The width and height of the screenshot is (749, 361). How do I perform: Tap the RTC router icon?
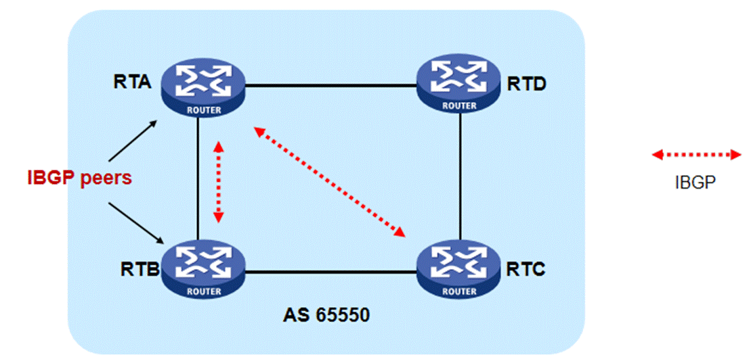coord(458,271)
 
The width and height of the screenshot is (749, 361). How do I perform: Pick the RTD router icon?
coord(458,85)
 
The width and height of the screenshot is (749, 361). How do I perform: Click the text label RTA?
coord(132,83)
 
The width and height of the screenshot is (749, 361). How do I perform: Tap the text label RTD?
coord(526,83)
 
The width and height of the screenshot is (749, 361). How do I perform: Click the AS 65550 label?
coord(326,315)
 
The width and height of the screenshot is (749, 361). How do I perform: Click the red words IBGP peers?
coord(79,178)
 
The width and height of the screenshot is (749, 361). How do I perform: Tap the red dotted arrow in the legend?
coord(696,155)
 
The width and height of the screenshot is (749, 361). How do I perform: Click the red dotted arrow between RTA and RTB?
coord(218,180)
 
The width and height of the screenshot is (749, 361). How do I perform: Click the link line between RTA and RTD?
coord(330,86)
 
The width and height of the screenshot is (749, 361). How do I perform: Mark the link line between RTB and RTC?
coord(330,272)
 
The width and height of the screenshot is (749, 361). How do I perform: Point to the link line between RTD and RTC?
coord(460,176)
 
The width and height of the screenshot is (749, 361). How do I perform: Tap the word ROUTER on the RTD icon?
coord(458,105)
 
